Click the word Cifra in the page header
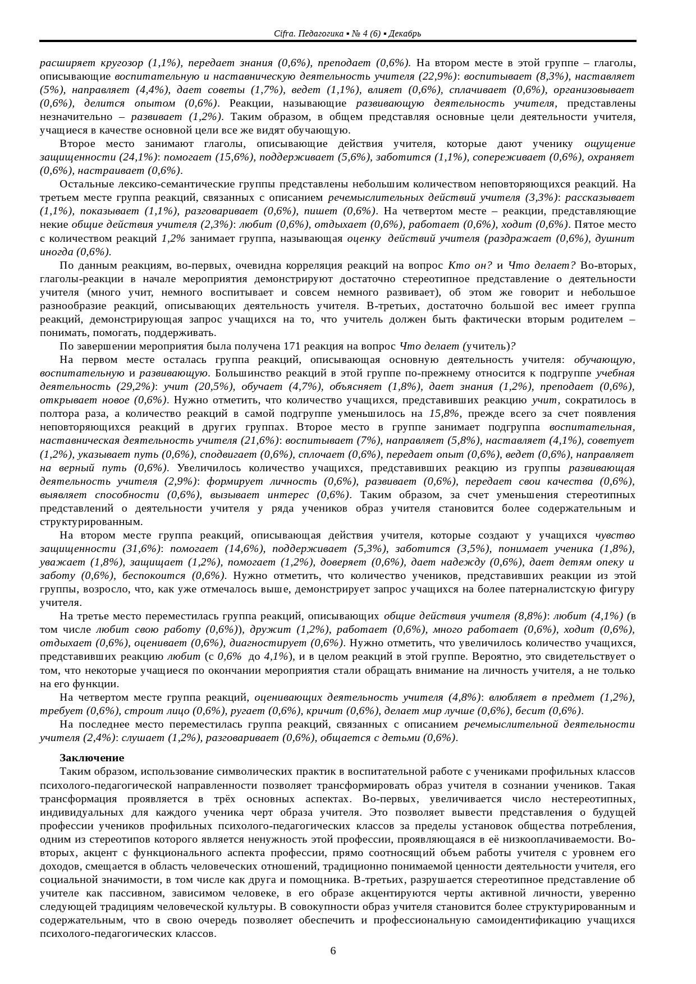click(282, 34)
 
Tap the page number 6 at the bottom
click(333, 950)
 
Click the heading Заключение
click(92, 758)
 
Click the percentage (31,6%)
click(141, 549)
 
